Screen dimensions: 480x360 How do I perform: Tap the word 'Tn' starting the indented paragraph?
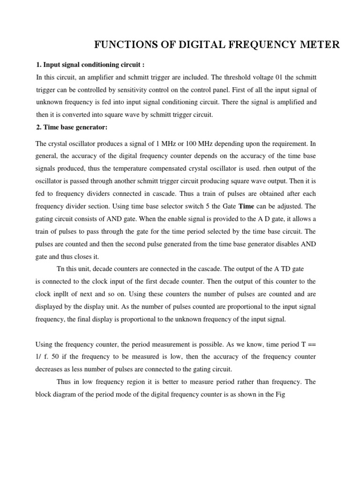pyautogui.click(x=61, y=269)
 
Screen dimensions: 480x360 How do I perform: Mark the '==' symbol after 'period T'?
pyautogui.click(x=311, y=345)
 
